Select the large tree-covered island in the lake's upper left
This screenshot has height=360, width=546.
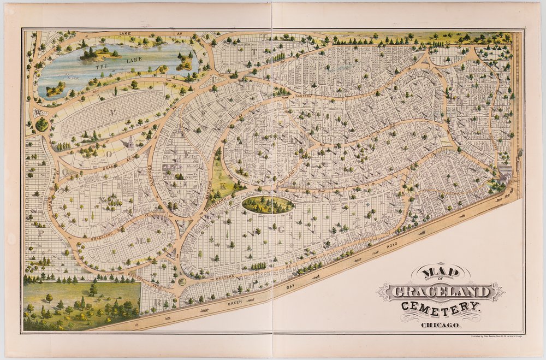(100, 53)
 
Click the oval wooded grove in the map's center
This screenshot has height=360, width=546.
(268, 205)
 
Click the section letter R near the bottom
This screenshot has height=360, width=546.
(157, 302)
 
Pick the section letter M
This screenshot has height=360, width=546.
(140, 241)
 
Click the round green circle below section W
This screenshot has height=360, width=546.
(41, 124)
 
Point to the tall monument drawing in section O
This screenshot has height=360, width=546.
(132, 143)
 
